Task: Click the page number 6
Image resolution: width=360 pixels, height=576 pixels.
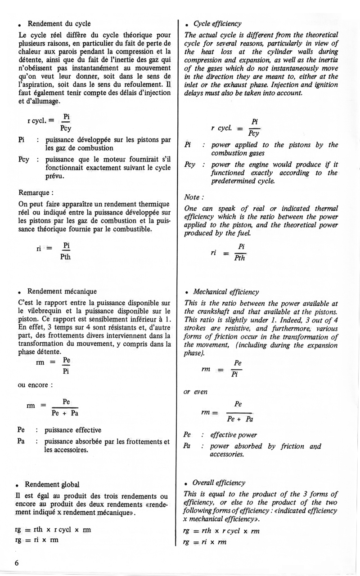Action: pyautogui.click(x=17, y=563)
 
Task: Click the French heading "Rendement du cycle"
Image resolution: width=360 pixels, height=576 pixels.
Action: pyautogui.click(x=59, y=24)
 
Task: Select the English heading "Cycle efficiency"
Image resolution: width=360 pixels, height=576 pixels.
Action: pyautogui.click(x=217, y=23)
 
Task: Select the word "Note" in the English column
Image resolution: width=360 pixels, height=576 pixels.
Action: pyautogui.click(x=193, y=197)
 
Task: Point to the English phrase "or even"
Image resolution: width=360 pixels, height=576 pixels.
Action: pyautogui.click(x=195, y=392)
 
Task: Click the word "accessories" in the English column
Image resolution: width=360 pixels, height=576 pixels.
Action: pyautogui.click(x=227, y=454)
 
